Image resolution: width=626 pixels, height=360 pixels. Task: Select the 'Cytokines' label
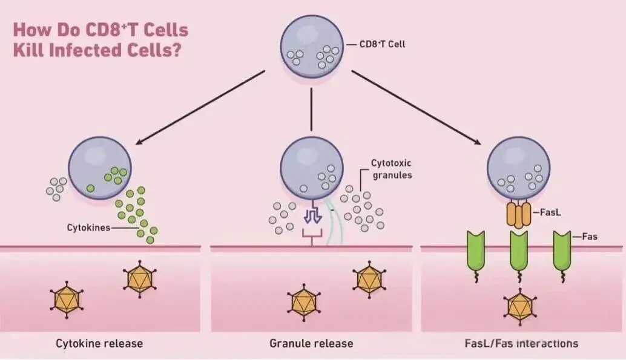pos(89,229)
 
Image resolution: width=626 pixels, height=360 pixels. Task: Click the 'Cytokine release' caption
pos(99,344)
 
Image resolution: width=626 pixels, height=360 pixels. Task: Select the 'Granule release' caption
pos(311,344)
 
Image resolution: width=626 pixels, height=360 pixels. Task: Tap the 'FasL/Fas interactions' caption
pos(519,344)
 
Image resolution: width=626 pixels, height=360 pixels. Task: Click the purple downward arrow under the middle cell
pos(311,215)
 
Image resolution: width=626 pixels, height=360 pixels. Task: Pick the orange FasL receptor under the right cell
pos(518,215)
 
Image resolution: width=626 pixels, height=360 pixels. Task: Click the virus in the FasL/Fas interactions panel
pos(518,306)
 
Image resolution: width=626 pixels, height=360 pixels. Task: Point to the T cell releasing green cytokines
pos(100,168)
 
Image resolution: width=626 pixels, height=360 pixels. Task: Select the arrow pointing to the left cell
pos(200,108)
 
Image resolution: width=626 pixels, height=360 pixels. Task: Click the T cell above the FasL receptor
pos(519,168)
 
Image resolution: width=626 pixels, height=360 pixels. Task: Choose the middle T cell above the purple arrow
pos(311,168)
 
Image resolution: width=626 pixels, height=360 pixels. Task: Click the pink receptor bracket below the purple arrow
pos(311,237)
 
